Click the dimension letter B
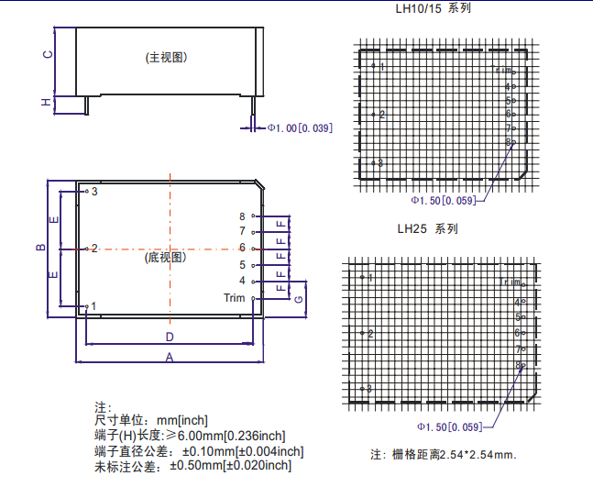[x=40, y=248]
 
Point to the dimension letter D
[x=170, y=336]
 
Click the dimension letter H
[x=46, y=103]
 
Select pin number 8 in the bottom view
[x=242, y=215]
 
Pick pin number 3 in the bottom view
[x=93, y=191]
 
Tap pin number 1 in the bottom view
[x=93, y=305]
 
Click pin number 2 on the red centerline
[x=93, y=249]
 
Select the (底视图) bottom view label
[x=167, y=257]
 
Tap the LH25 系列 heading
[x=427, y=228]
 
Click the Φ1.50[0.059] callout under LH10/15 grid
[x=444, y=200]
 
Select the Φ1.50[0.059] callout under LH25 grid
[x=449, y=427]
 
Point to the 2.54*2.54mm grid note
[x=443, y=455]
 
